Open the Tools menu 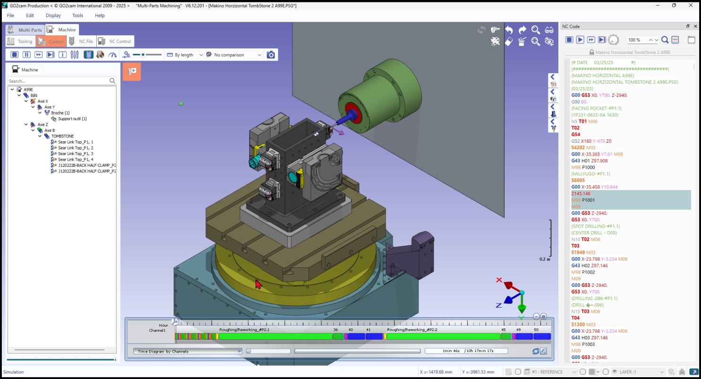(77, 15)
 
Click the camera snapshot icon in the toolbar (271, 55)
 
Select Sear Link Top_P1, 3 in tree (75, 154)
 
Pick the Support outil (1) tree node (72, 119)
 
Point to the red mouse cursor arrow (258, 284)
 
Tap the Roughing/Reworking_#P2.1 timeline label (244, 329)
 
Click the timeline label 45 (504, 329)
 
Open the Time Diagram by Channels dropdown (188, 351)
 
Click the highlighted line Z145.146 (581, 193)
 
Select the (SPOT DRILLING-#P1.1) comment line (595, 226)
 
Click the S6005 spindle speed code (578, 180)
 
